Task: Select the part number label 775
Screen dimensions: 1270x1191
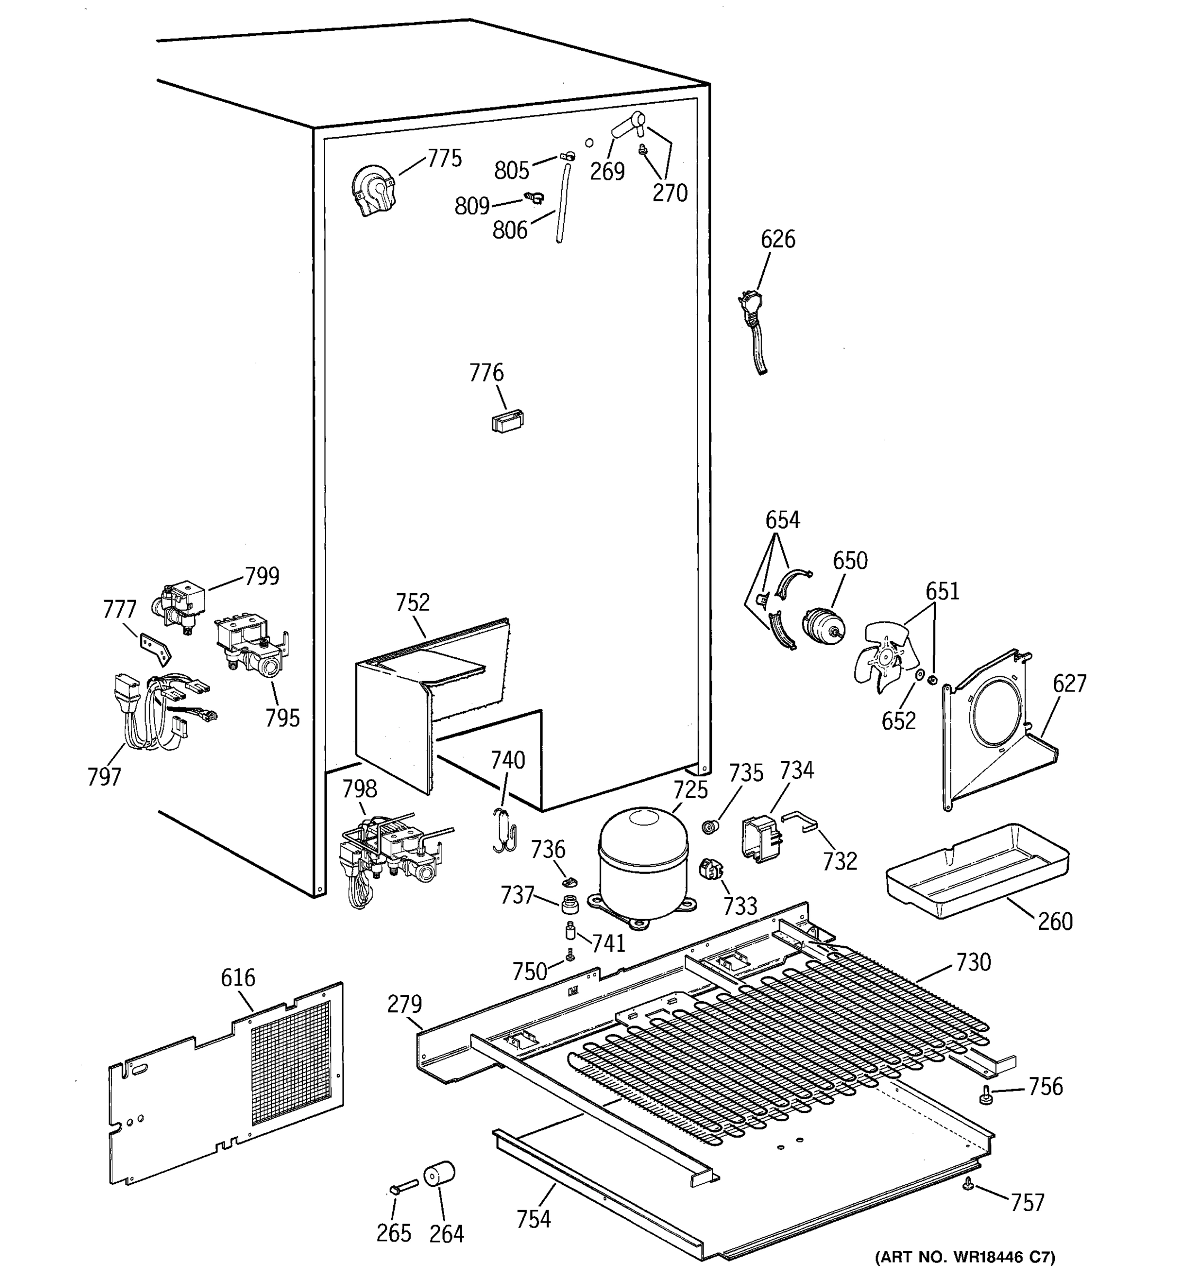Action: tap(444, 158)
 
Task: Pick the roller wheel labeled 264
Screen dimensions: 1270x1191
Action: tap(439, 1174)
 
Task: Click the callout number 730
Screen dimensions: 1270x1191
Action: tap(973, 962)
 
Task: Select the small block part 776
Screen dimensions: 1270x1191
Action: tap(507, 422)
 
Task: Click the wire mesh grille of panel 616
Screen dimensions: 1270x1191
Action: tap(291, 1064)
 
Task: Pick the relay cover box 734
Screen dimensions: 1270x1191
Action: tap(760, 839)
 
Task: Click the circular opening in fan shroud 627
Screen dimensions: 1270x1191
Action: tap(997, 712)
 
